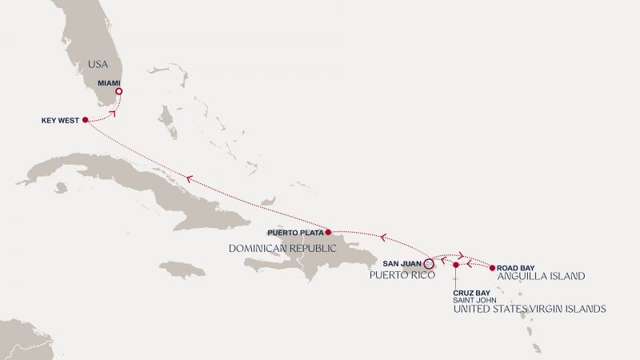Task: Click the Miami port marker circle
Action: point(118,92)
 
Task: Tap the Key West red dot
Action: point(85,120)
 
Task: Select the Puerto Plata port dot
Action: point(329,233)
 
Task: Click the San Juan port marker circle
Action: point(428,262)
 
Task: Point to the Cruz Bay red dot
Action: point(455,265)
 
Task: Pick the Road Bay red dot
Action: point(492,265)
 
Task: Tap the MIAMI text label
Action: point(109,82)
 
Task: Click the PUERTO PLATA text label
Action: point(294,233)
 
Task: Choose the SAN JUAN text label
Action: point(401,262)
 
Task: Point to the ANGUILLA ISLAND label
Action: point(541,276)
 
